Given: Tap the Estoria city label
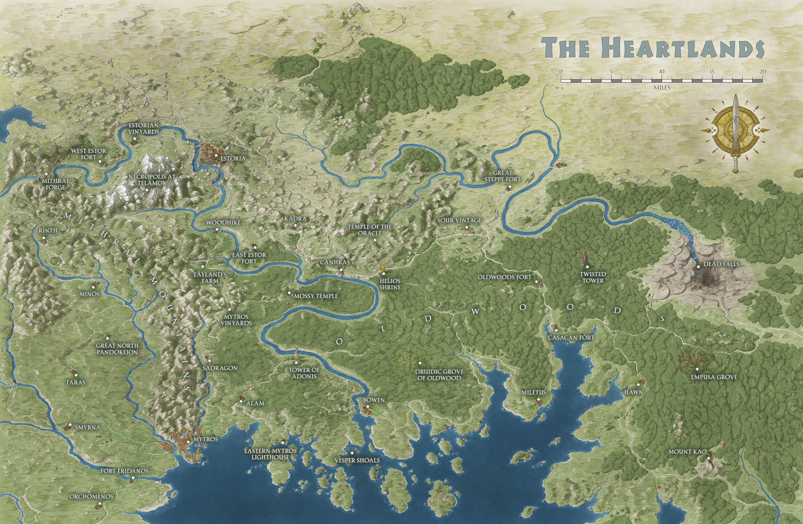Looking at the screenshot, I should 233,158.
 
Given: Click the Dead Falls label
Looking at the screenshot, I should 721,264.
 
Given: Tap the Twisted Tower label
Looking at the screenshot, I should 593,277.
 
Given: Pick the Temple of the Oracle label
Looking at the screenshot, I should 370,230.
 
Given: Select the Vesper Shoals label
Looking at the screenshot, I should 357,460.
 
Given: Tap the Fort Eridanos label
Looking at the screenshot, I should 125,471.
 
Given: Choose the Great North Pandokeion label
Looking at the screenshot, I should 117,349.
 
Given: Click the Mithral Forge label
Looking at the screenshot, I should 55,184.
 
